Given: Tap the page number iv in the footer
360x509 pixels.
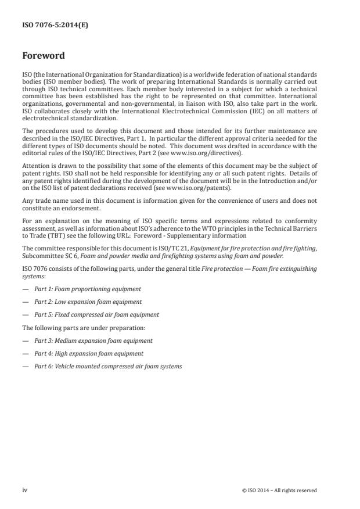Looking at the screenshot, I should point(25,490).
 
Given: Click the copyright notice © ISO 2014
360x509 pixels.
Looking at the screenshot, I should point(279,490).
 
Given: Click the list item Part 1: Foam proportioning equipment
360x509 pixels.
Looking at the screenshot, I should point(87,288).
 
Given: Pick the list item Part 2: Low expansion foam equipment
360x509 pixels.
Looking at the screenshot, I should point(88,302).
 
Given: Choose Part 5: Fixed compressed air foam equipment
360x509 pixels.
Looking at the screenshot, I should point(96,314).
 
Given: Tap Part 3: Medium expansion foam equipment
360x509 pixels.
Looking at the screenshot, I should point(93,340).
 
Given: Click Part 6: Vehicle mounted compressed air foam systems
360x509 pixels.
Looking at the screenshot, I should point(108,366).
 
